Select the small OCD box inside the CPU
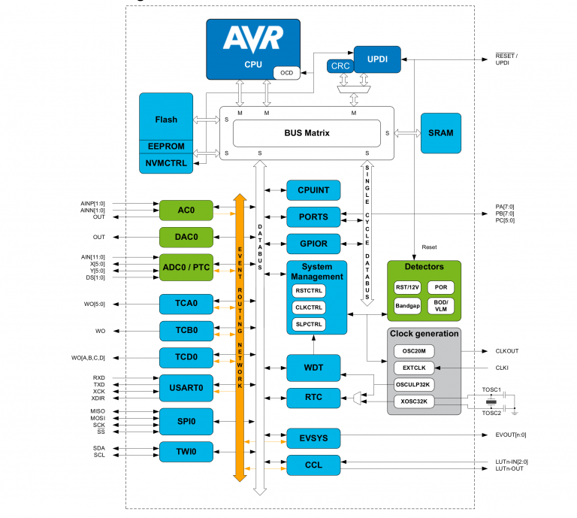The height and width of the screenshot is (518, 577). click(x=286, y=73)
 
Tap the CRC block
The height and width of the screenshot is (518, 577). click(x=340, y=66)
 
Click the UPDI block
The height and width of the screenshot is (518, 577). click(x=378, y=59)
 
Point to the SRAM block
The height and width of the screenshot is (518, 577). click(x=440, y=133)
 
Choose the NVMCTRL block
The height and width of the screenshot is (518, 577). click(x=166, y=162)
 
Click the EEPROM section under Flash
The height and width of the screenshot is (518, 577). click(x=166, y=146)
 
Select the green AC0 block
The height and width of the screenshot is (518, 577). click(x=186, y=211)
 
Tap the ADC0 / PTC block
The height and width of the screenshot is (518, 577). click(x=186, y=266)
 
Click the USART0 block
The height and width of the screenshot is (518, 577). click(x=186, y=387)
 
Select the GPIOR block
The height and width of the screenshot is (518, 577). click(x=313, y=244)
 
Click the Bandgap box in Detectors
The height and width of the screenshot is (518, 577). click(x=407, y=306)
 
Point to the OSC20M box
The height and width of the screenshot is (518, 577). click(x=414, y=351)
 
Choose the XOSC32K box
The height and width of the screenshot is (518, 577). click(x=414, y=402)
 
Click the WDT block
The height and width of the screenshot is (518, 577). click(x=313, y=368)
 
